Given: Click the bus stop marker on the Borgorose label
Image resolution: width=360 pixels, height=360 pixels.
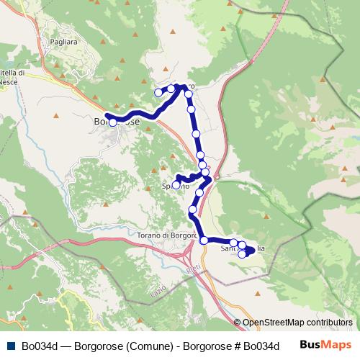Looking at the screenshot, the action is pos(113,122).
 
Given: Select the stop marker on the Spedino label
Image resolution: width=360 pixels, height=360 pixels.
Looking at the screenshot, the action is pos(176,185).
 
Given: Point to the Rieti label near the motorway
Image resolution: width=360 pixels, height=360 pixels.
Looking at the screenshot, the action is pos(192,268).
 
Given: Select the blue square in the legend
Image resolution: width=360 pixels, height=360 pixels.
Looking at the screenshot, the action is pos(10,346).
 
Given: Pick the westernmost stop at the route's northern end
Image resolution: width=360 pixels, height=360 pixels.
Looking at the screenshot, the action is pos(159,92).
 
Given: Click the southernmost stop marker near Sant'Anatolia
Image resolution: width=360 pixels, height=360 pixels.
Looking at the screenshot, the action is pos(243,254).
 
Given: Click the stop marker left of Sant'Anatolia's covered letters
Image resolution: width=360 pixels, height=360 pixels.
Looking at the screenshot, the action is pos(233,243).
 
